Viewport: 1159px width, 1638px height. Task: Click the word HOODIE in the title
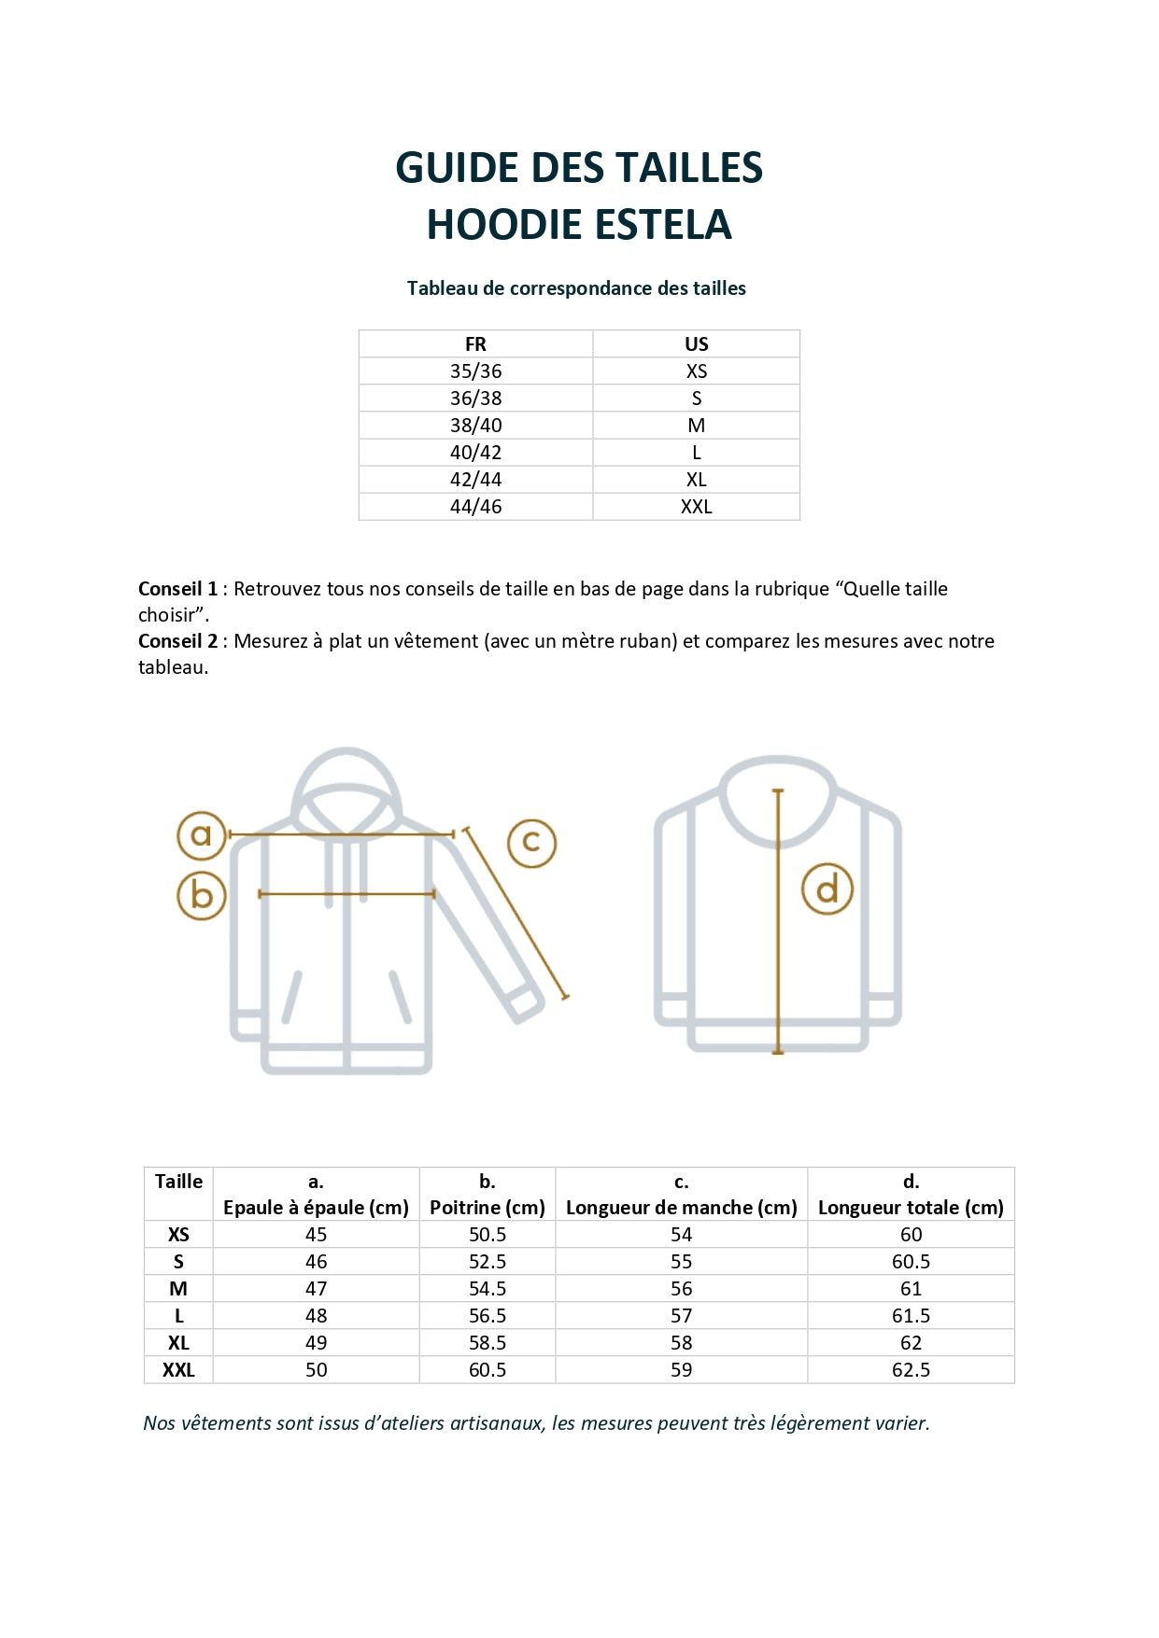pyautogui.click(x=504, y=225)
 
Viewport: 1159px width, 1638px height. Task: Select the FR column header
pyautogui.click(x=475, y=343)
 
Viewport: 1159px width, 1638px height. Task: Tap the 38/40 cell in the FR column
pyautogui.click(x=475, y=426)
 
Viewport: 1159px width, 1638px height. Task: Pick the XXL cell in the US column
pyautogui.click(x=696, y=507)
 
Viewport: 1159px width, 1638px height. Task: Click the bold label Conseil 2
pyautogui.click(x=177, y=641)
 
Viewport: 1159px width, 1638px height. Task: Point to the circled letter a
pyautogui.click(x=202, y=835)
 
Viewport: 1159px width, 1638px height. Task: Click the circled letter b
pyautogui.click(x=202, y=895)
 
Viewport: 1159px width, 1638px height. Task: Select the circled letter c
pyautogui.click(x=531, y=843)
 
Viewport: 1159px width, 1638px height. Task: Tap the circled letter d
pyautogui.click(x=827, y=889)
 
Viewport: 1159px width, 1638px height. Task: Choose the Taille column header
pyautogui.click(x=178, y=1182)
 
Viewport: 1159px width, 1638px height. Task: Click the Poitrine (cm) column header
pyautogui.click(x=487, y=1207)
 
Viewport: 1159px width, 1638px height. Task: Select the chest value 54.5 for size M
pyautogui.click(x=487, y=1289)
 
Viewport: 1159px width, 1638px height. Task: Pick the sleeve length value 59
pyautogui.click(x=681, y=1370)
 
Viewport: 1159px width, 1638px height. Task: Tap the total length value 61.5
pyautogui.click(x=911, y=1316)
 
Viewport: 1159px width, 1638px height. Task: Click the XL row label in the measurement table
pyautogui.click(x=178, y=1343)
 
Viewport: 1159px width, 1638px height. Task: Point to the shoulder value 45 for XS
pyautogui.click(x=316, y=1235)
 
